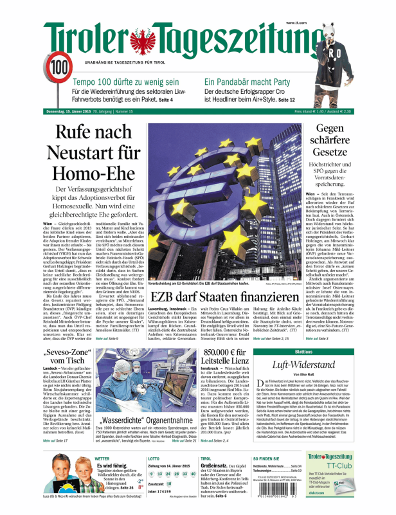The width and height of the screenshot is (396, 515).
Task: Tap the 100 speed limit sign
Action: click(59, 67)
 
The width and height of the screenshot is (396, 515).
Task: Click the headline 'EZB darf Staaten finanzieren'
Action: click(224, 298)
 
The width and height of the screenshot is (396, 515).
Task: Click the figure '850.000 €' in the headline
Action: click(244, 355)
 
